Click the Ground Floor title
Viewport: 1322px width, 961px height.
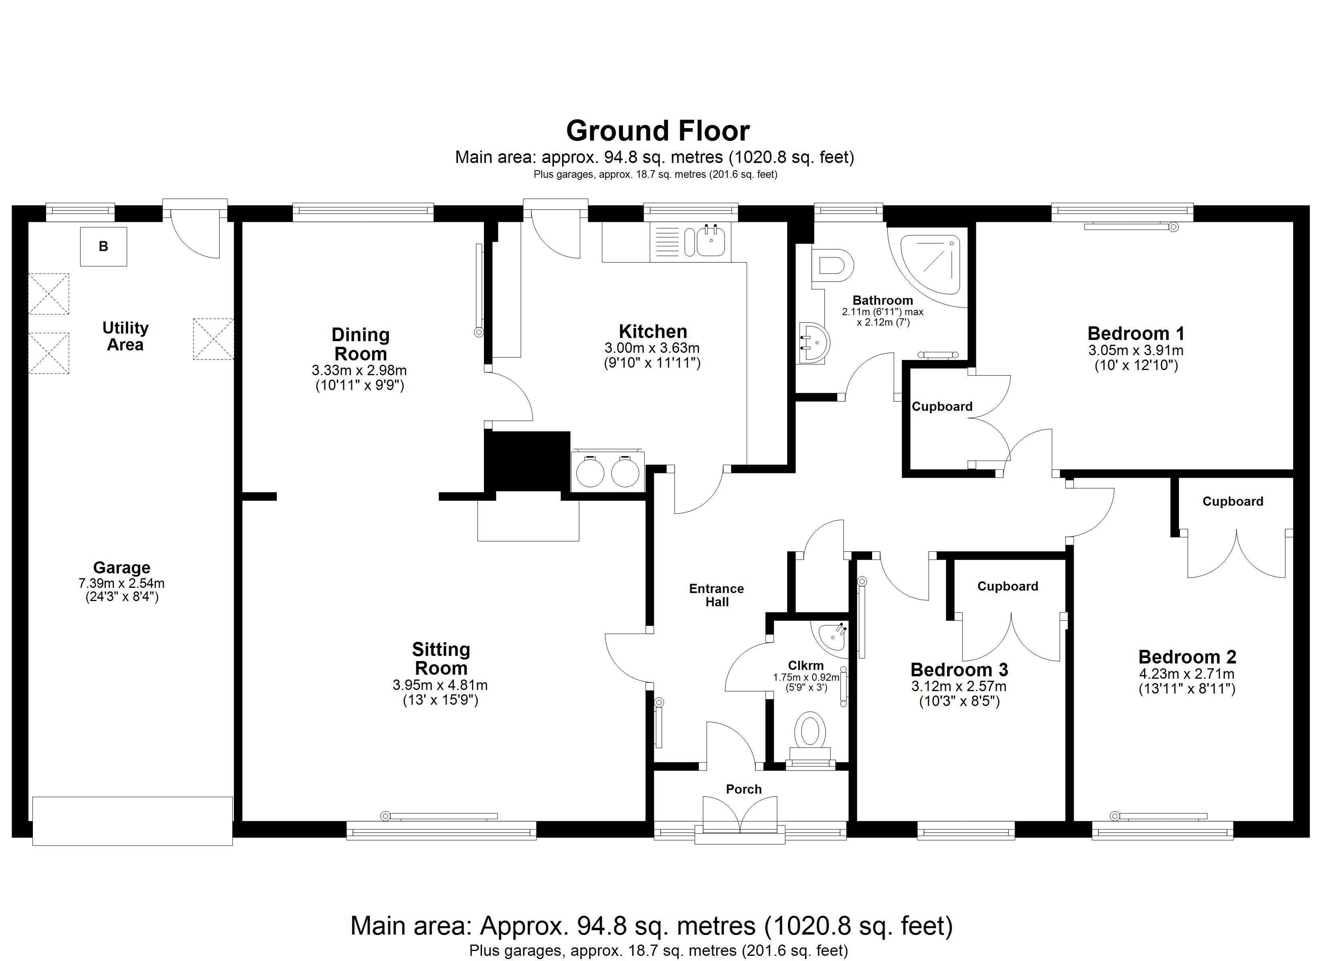pyautogui.click(x=657, y=131)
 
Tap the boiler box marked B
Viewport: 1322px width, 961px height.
pyautogui.click(x=103, y=247)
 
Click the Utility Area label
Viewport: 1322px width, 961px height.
pyautogui.click(x=125, y=336)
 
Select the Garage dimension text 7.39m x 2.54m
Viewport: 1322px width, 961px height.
pyautogui.click(x=121, y=583)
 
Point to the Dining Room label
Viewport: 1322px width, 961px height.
pyautogui.click(x=360, y=344)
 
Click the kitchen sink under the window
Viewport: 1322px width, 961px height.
pyautogui.click(x=710, y=242)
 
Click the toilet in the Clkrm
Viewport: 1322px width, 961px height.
pyautogui.click(x=810, y=732)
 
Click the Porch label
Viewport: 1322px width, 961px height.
pyautogui.click(x=743, y=789)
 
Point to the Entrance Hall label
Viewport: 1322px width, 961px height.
pyautogui.click(x=716, y=595)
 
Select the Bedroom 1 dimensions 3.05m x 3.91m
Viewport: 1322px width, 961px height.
pyautogui.click(x=1135, y=350)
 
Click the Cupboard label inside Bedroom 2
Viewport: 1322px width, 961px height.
pyautogui.click(x=1232, y=501)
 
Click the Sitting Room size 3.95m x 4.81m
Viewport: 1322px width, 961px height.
pyautogui.click(x=440, y=686)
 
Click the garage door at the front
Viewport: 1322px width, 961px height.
pyautogui.click(x=132, y=820)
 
